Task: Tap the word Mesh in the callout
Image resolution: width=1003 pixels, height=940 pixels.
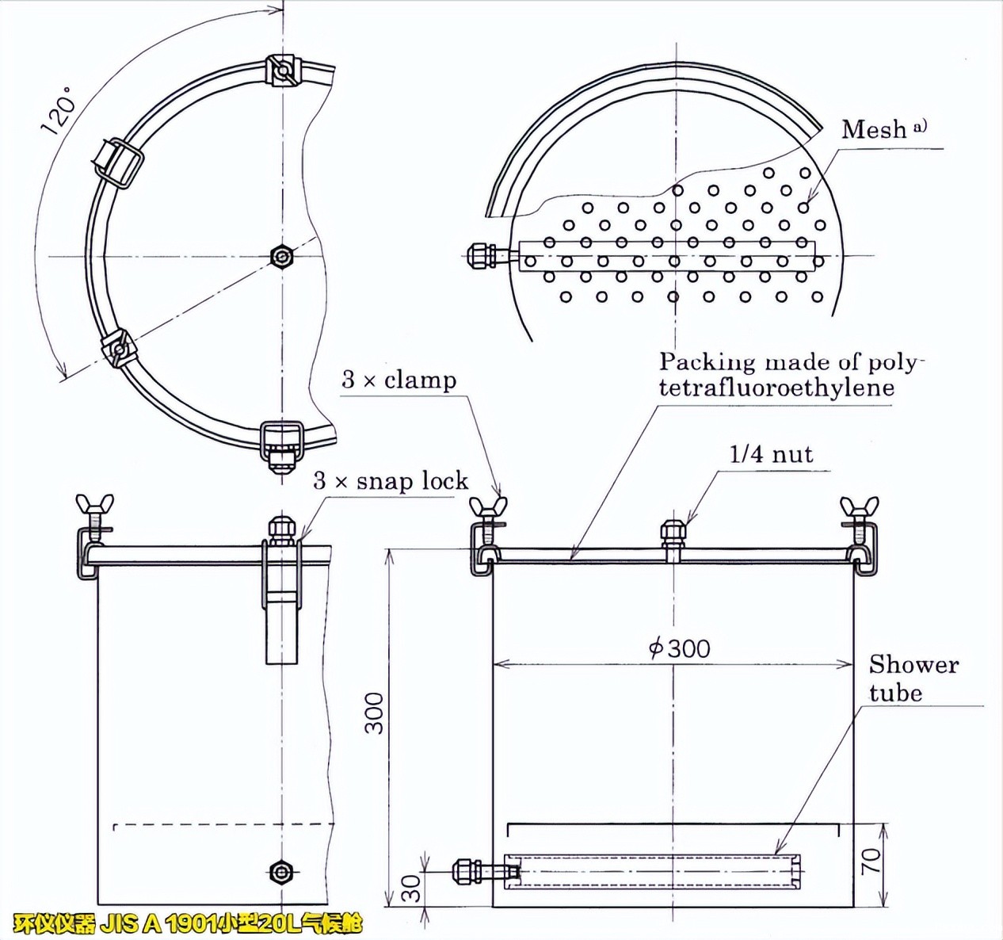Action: (x=874, y=129)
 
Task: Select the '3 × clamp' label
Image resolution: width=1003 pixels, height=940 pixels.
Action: (x=399, y=380)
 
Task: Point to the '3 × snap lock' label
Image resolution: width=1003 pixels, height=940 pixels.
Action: (x=391, y=480)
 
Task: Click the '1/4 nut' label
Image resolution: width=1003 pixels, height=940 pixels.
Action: (x=771, y=454)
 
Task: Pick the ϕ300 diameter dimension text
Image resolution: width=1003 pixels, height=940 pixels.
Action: (x=679, y=648)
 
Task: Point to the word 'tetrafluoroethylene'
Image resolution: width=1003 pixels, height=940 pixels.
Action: (x=776, y=388)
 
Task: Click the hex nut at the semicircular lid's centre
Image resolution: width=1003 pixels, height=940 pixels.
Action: (x=281, y=256)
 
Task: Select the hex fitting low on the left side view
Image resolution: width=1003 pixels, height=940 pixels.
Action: (x=280, y=871)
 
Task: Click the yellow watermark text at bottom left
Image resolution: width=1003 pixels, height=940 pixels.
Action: (x=188, y=924)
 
